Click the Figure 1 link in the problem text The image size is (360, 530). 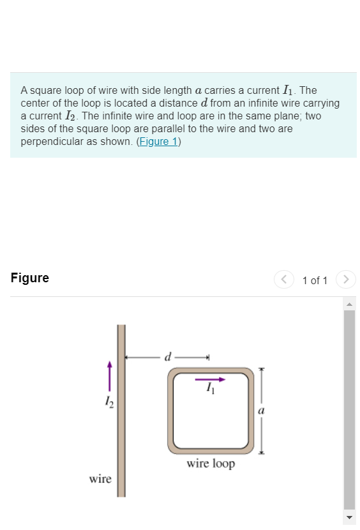(x=158, y=142)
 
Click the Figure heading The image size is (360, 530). (x=30, y=278)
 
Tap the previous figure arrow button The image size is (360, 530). (x=283, y=280)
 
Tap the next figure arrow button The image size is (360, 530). (x=346, y=280)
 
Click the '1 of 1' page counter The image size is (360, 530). (x=315, y=280)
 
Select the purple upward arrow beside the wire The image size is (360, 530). (x=109, y=377)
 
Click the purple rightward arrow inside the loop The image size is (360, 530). (x=210, y=379)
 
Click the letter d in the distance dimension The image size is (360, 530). (x=168, y=356)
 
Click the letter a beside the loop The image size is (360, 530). (x=261, y=411)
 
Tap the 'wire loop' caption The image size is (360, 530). (x=211, y=464)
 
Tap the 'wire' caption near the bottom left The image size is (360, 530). (x=100, y=479)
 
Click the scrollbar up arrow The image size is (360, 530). (x=349, y=304)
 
